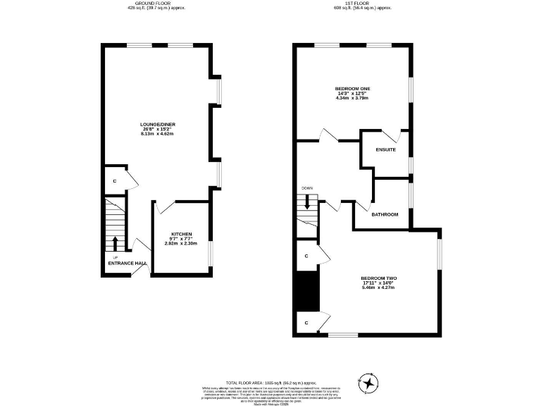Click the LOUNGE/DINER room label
158,125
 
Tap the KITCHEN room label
181,234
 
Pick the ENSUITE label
385,150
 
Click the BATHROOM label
385,214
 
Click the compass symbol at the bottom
368,383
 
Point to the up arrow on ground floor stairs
114,243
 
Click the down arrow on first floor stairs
307,202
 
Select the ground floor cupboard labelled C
114,180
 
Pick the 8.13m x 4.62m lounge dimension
158,133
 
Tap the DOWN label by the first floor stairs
306,188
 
